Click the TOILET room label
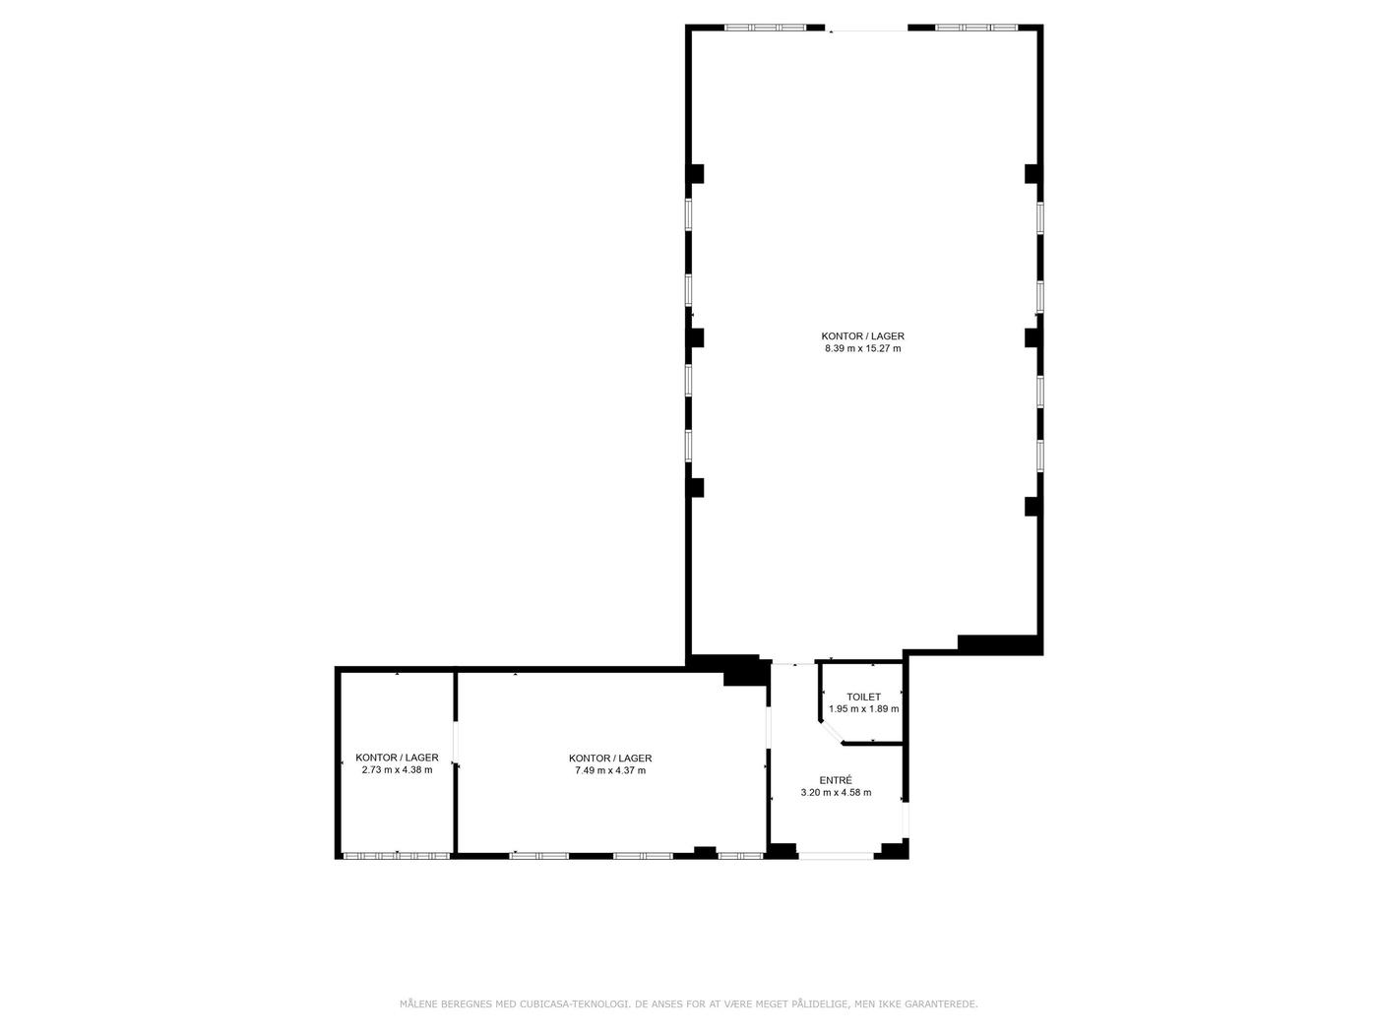coord(863,697)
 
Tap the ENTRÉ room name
coord(836,780)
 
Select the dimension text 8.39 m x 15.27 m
coord(862,348)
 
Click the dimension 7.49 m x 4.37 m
coord(610,771)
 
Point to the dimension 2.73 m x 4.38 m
coord(397,770)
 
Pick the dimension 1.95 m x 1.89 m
coord(863,709)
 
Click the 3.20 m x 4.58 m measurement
coord(836,793)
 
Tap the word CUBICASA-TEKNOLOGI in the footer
coord(573,1004)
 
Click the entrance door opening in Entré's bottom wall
coord(835,856)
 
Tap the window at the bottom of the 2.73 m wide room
coord(396,856)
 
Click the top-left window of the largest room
coord(765,28)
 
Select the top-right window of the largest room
coord(976,28)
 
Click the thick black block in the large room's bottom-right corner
coord(997,644)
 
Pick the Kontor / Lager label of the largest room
coord(862,336)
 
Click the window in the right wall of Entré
coord(906,820)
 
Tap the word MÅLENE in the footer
coord(418,1004)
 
